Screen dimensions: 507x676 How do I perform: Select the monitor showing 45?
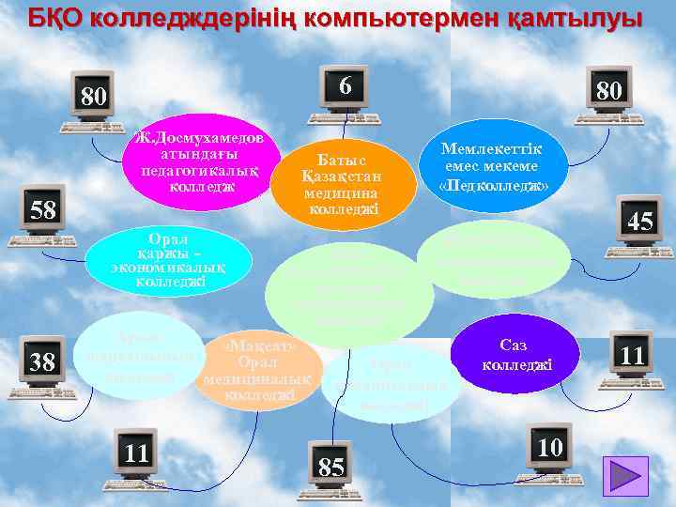pyautogui.click(x=640, y=222)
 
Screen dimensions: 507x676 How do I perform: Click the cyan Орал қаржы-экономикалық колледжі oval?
pyautogui.click(x=169, y=256)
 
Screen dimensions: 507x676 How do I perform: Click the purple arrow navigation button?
pyautogui.click(x=623, y=473)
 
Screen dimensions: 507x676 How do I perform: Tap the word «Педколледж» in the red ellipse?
pyautogui.click(x=494, y=185)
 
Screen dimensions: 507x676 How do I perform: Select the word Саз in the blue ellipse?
pyautogui.click(x=516, y=346)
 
